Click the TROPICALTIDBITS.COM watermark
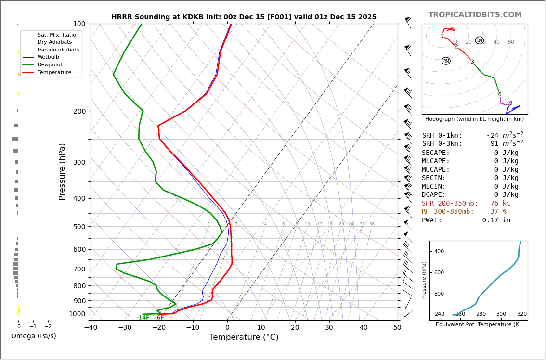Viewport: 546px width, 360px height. point(475,15)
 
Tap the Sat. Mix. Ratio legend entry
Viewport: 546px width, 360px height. point(56,35)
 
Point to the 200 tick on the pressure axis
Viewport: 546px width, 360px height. point(79,111)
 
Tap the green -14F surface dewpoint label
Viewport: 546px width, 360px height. point(143,318)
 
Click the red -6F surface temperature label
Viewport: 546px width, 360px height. point(159,318)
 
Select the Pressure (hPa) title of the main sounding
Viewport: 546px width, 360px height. point(62,171)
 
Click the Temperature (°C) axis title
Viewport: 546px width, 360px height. point(244,337)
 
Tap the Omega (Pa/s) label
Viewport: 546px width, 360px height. point(34,336)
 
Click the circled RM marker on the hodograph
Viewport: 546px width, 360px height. point(446,61)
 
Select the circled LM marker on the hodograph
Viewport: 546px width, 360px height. point(480,40)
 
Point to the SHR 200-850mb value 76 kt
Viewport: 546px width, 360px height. point(500,204)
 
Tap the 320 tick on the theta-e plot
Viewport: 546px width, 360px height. point(522,314)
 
